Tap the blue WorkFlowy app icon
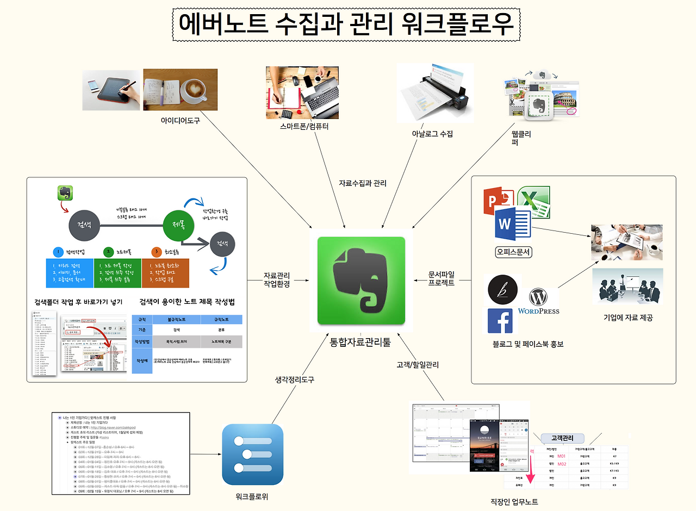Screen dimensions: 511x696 [253, 454]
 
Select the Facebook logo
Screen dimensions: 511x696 [500, 321]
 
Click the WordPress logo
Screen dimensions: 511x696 [538, 302]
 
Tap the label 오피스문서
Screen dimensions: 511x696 [513, 252]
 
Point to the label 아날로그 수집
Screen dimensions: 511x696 [432, 134]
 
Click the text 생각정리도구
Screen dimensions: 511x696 [295, 379]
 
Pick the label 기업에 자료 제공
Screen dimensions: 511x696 [628, 318]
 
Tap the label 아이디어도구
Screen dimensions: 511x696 [180, 121]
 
